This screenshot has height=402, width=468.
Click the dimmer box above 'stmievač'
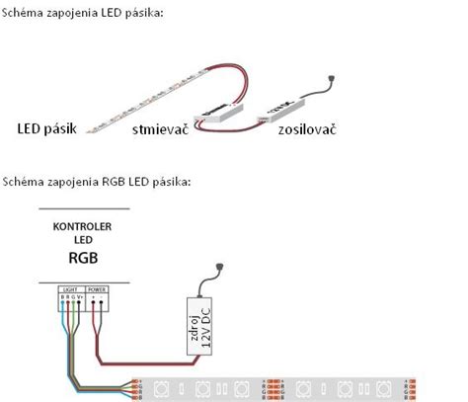pos(223,114)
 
